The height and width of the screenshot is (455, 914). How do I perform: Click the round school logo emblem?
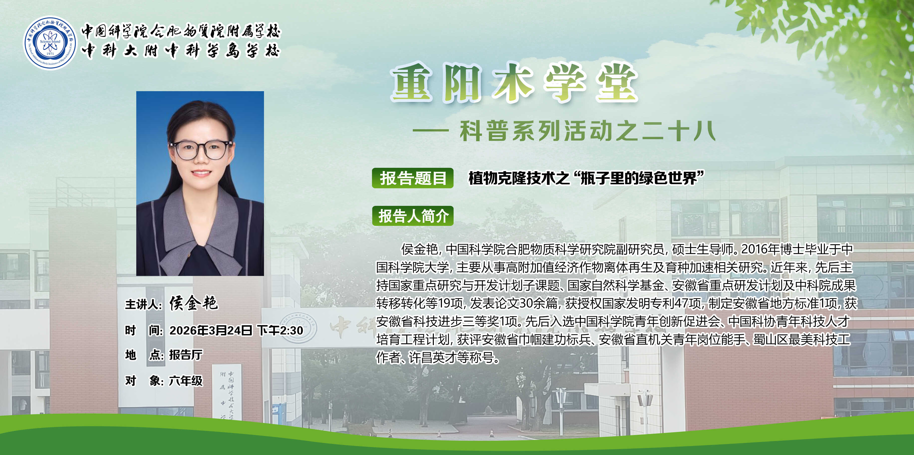coord(50,43)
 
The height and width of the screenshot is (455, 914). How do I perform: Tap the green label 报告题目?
coord(413,178)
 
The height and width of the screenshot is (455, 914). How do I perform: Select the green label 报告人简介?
coord(413,216)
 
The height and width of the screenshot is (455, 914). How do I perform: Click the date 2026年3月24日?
coord(211,331)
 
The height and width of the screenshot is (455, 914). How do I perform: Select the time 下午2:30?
coord(280,331)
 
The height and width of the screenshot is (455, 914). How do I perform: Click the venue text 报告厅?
coord(186,355)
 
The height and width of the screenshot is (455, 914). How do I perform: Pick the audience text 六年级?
coord(186,381)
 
